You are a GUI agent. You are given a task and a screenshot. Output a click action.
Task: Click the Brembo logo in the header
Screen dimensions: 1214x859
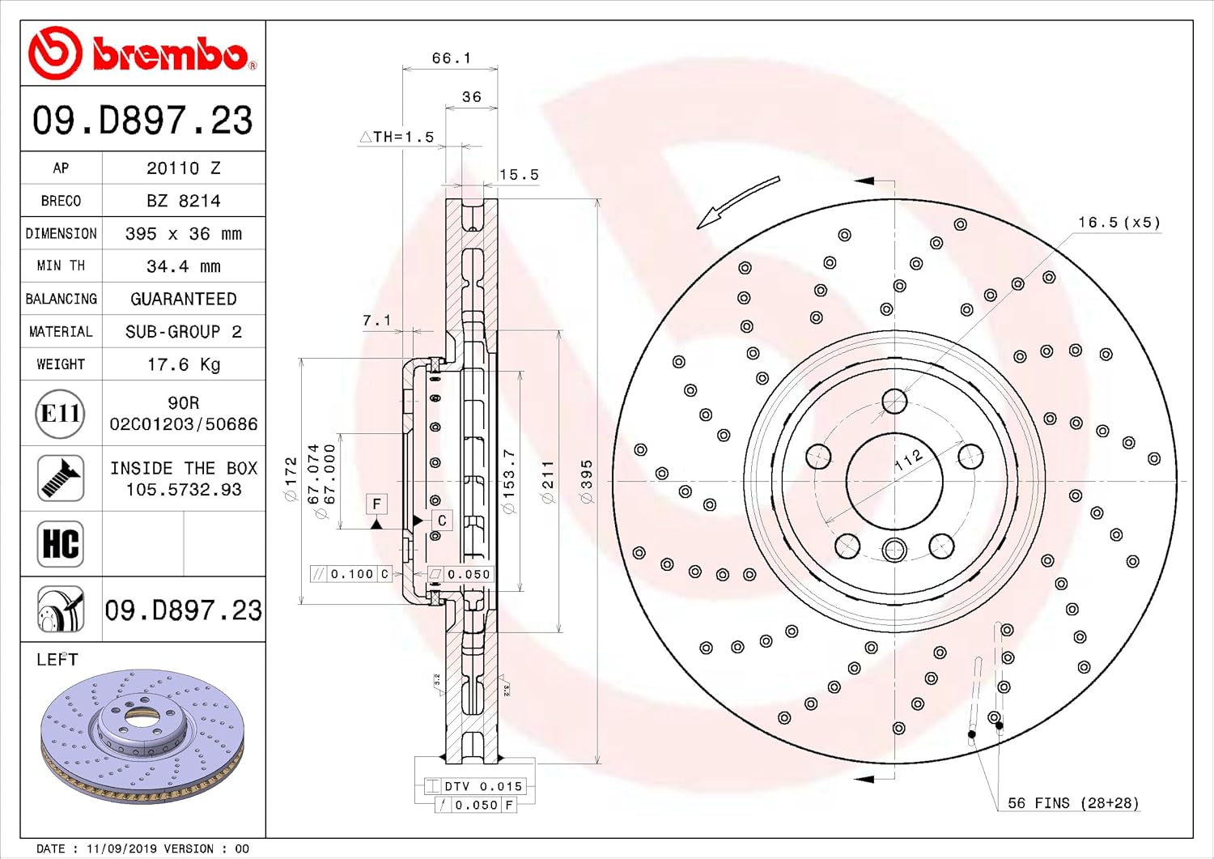pos(142,53)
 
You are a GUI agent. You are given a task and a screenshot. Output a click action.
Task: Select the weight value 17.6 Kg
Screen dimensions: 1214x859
pos(184,364)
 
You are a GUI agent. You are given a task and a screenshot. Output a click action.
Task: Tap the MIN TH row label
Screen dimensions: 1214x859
pos(61,266)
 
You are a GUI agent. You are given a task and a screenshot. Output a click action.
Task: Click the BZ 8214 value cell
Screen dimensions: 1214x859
pos(184,201)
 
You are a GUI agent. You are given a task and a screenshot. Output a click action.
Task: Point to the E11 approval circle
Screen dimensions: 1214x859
pos(60,414)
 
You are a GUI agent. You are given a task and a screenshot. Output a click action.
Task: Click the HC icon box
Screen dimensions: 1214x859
pos(60,544)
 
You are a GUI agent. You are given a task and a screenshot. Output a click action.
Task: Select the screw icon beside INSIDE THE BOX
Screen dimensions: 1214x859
pos(60,478)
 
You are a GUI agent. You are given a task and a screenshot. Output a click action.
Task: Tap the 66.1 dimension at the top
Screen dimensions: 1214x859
pos(451,58)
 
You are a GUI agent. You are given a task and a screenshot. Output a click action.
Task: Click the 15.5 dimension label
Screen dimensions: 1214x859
pos(519,175)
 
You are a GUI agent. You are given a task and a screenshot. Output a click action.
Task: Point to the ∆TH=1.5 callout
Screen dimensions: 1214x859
pos(397,137)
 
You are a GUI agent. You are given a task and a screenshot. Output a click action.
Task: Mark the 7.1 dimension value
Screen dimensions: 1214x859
pos(376,321)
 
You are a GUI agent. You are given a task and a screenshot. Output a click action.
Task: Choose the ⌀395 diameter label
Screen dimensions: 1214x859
pos(587,482)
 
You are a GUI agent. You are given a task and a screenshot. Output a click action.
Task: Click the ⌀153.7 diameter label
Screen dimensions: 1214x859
pos(508,482)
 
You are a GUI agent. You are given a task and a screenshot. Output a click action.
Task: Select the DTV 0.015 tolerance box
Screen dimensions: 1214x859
pos(475,786)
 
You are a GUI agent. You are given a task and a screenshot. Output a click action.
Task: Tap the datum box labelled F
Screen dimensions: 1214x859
pos(376,504)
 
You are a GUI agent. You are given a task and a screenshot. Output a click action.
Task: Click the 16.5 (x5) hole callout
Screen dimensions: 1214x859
pos(1118,223)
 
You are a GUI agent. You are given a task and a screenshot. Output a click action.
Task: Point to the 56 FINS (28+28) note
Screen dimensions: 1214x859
pos(1073,802)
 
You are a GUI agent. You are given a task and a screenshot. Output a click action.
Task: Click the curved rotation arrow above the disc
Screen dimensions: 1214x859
pos(738,202)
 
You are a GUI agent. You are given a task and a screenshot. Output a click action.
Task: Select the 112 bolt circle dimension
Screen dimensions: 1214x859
pos(908,461)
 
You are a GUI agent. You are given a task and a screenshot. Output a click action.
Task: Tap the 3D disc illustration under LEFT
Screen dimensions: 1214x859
pos(142,737)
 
